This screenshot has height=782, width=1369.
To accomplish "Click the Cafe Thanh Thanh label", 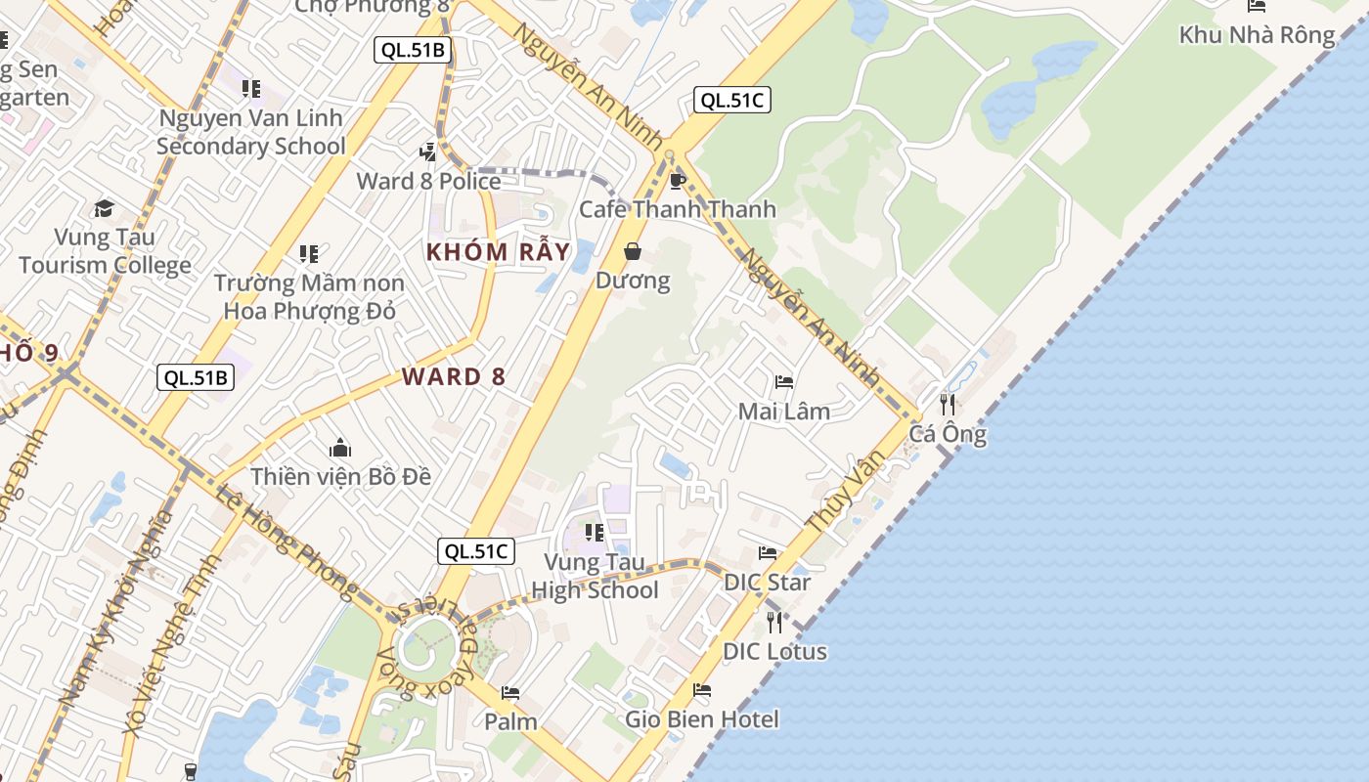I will [x=677, y=209].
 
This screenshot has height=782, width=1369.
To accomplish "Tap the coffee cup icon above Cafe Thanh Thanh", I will [x=677, y=181].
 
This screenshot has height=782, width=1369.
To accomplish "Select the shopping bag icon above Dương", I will [x=633, y=252].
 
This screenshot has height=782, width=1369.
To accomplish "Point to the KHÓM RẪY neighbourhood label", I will [x=498, y=252].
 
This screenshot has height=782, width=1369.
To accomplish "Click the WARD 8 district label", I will [x=454, y=376].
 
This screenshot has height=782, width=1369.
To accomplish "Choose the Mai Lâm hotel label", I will [x=783, y=412].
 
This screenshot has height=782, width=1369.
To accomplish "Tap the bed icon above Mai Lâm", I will [x=783, y=382].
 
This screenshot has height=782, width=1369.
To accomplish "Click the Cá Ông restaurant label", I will [x=948, y=434].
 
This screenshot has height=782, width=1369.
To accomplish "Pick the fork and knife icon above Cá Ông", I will [x=948, y=404].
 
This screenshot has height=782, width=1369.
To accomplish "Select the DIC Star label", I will [x=767, y=583].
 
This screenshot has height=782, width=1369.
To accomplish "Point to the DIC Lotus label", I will [x=774, y=651].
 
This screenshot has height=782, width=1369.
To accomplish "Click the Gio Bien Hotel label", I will [x=702, y=719].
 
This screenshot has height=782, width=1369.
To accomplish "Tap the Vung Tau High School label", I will [x=595, y=577].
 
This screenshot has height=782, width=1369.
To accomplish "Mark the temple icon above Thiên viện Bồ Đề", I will [x=340, y=448].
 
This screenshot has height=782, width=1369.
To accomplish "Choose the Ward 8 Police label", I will [x=428, y=181].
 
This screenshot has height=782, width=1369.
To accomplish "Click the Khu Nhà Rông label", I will [x=1257, y=35].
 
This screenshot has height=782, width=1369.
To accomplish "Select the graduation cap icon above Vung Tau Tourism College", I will [x=105, y=207].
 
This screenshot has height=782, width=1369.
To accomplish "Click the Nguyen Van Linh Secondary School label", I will [x=251, y=132].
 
